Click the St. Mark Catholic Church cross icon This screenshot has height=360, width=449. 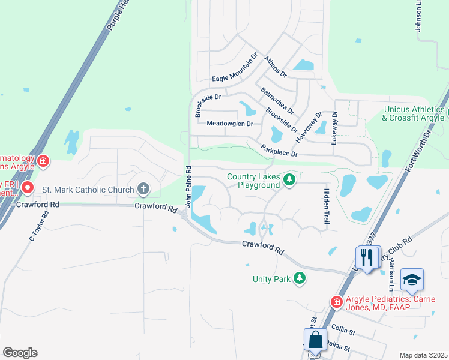tap(143, 190)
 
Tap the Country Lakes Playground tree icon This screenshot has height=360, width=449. tap(289, 180)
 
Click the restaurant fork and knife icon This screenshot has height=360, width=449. tap(367, 258)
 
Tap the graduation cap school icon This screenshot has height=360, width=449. tap(412, 280)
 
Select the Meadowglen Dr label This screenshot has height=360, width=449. tap(229, 124)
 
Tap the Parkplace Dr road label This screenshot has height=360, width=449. tap(279, 150)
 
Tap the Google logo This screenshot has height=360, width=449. tap(20, 352)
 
